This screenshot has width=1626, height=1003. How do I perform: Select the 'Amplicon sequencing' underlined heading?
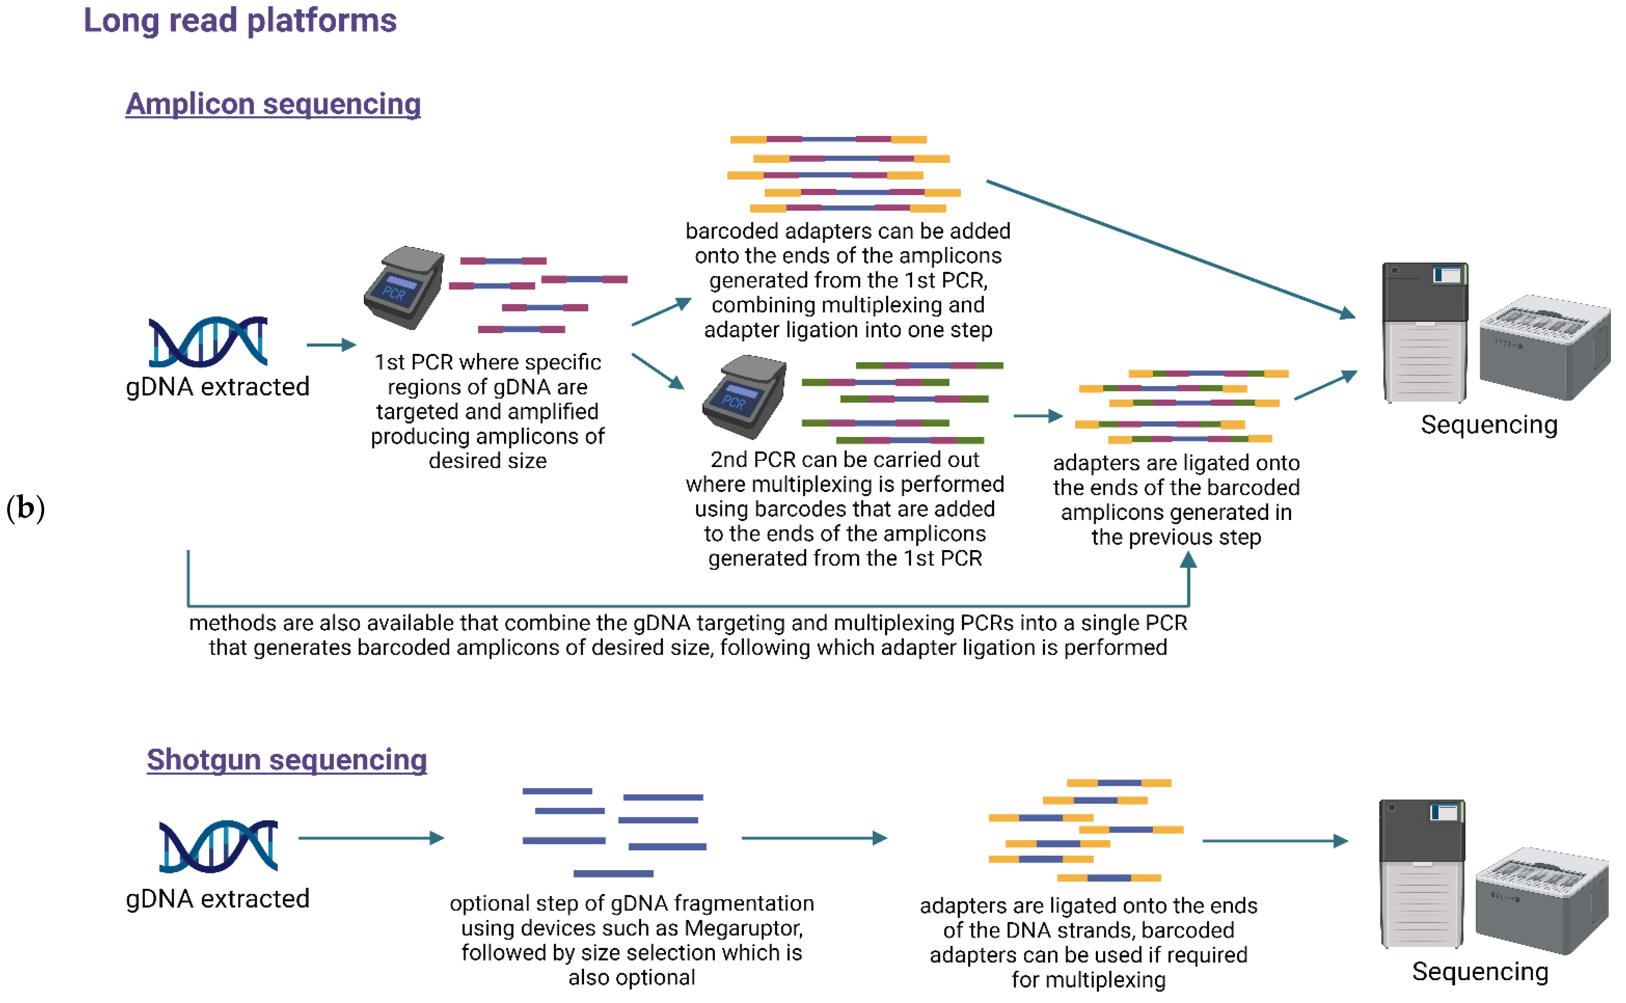point(273,104)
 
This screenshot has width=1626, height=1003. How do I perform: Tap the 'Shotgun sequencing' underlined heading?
point(287,759)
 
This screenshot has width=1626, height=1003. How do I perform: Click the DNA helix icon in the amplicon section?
point(207,342)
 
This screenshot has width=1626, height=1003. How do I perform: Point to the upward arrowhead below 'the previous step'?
point(1188,561)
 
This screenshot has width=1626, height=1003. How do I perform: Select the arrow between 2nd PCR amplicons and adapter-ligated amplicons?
point(1037,416)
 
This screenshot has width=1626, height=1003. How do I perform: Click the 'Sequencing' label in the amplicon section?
point(1489,424)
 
